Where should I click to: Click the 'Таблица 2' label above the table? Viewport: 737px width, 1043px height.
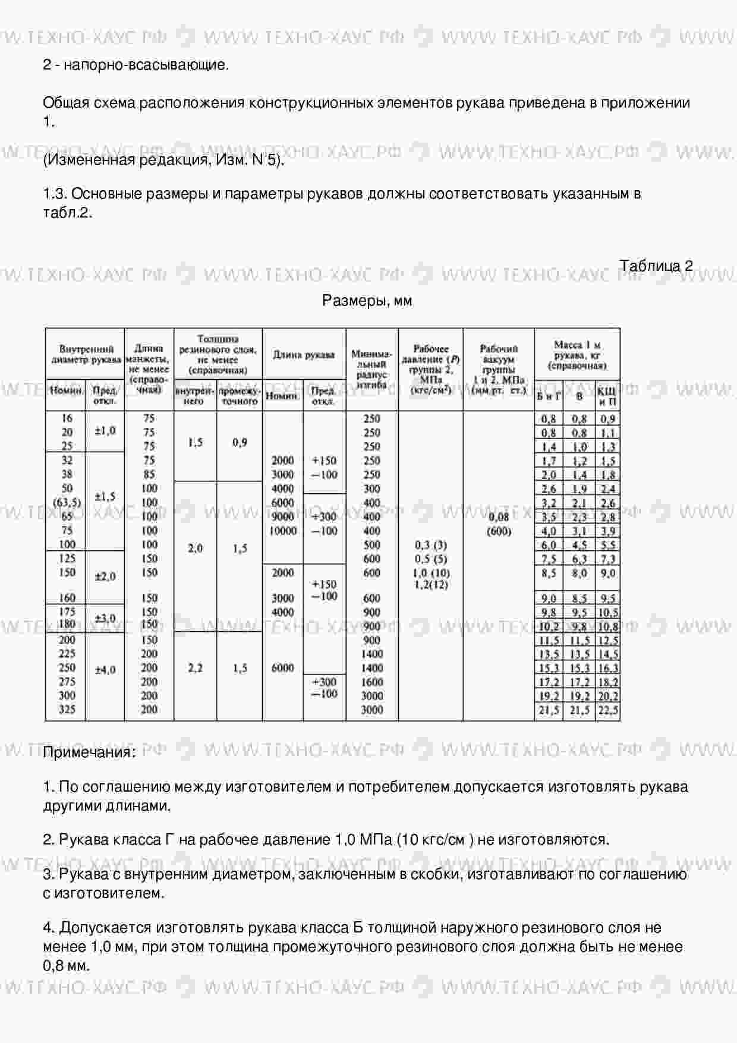click(656, 266)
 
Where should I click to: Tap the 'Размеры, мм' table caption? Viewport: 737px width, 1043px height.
click(367, 301)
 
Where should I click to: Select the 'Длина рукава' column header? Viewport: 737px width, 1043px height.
click(304, 355)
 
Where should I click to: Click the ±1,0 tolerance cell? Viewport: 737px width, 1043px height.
click(105, 430)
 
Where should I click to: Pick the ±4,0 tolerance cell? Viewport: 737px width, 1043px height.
click(105, 670)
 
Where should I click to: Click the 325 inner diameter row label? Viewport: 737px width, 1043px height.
click(67, 710)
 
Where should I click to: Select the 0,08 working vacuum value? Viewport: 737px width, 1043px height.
click(499, 518)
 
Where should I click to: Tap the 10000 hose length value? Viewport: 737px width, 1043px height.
click(283, 531)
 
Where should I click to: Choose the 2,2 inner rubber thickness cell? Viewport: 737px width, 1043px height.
click(195, 668)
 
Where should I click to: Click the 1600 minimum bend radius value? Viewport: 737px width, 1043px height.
click(372, 682)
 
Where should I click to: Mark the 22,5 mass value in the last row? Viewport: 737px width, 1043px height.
click(608, 710)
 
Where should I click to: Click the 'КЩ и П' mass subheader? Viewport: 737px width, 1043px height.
click(607, 396)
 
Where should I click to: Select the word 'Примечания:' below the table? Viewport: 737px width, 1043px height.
click(89, 752)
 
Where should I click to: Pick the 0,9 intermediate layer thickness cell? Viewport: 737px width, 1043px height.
click(240, 442)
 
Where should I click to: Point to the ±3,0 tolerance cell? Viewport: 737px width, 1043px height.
click(105, 618)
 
